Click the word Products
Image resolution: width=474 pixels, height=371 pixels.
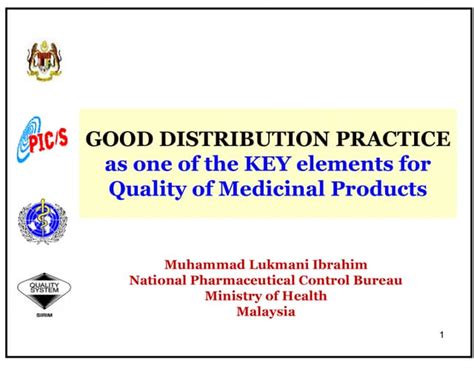[x=383, y=188]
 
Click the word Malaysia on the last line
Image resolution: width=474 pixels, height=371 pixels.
[x=265, y=312]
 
